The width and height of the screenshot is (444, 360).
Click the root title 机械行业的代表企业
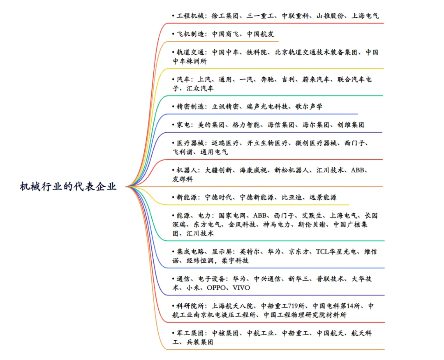click(68, 187)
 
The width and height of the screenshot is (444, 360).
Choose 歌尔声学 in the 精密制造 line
click(309, 106)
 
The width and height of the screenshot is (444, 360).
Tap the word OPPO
click(216, 288)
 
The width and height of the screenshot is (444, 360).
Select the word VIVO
click(241, 288)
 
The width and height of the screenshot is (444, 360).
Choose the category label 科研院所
click(190, 306)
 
